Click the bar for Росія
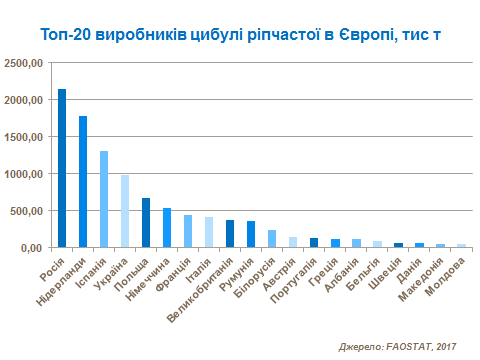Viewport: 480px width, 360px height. click(62, 168)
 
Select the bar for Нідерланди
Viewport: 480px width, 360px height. click(83, 181)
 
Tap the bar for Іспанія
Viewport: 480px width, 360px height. click(104, 199)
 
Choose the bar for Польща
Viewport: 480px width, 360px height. click(146, 222)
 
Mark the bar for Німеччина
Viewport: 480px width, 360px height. click(167, 227)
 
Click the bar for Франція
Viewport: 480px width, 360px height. click(188, 231)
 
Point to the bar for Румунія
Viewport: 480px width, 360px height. click(251, 234)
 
